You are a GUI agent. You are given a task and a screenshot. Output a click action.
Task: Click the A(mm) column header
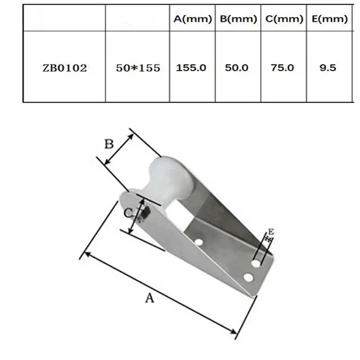click(193, 19)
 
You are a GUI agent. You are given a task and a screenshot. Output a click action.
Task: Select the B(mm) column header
click(238, 19)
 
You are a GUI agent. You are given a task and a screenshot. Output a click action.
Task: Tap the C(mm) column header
click(284, 19)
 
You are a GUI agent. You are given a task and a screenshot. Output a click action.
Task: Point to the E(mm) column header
click(329, 19)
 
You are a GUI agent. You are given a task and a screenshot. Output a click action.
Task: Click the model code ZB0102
click(65, 68)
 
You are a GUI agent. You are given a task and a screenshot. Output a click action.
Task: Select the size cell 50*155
click(138, 68)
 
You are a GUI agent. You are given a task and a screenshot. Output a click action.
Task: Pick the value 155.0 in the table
click(191, 68)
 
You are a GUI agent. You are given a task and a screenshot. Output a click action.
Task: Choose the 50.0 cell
click(237, 68)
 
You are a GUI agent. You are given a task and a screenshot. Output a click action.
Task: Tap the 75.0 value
click(282, 68)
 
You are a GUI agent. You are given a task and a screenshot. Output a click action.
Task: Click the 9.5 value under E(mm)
click(328, 68)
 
